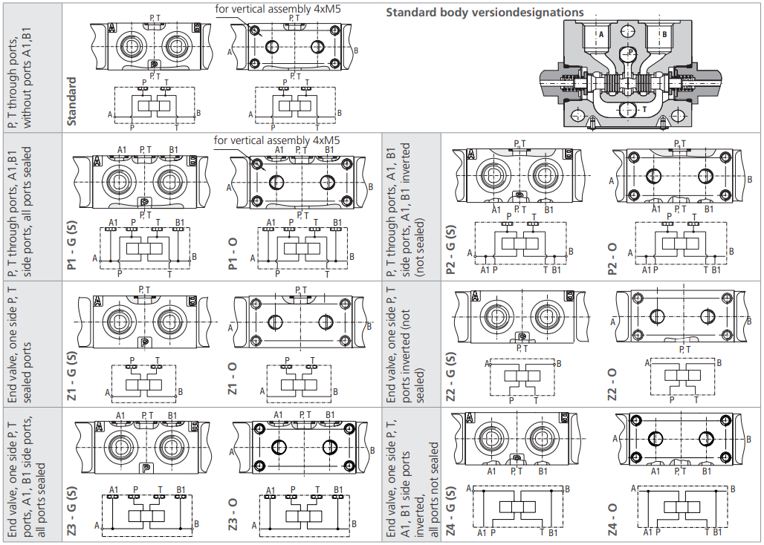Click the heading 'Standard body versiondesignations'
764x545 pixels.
(x=485, y=13)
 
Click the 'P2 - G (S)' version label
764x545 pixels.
(x=451, y=250)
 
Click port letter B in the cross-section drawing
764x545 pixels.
(x=664, y=34)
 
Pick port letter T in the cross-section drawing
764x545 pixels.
(x=644, y=109)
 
